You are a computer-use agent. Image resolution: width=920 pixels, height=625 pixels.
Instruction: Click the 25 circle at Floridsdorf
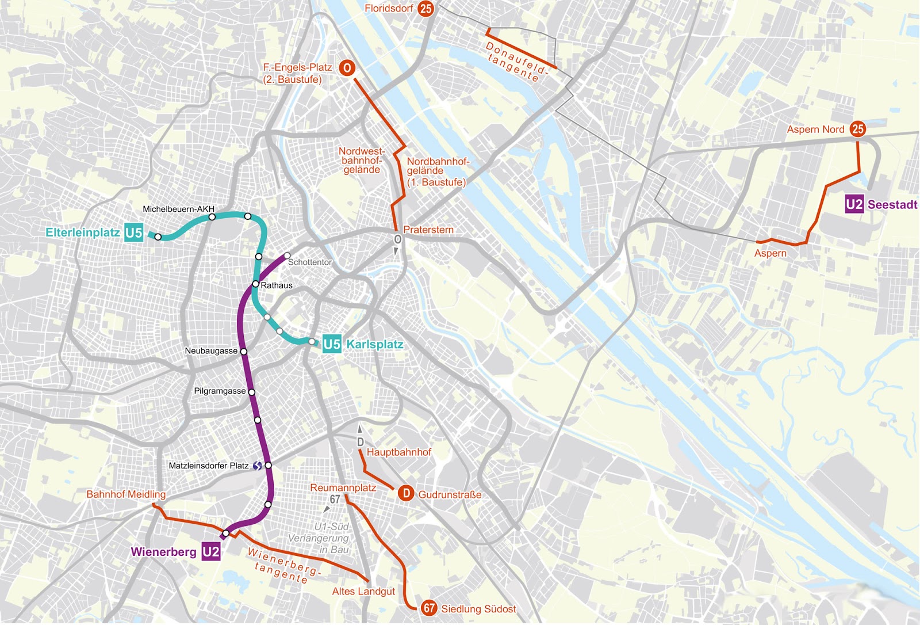tap(425, 9)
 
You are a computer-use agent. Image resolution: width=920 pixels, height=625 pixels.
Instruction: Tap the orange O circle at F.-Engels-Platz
tap(346, 68)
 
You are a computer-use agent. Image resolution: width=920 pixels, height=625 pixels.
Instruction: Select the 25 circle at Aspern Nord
tap(858, 129)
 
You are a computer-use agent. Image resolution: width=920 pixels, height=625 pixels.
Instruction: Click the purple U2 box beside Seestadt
tap(854, 204)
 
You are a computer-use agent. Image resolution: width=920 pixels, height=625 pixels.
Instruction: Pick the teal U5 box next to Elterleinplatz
tap(133, 233)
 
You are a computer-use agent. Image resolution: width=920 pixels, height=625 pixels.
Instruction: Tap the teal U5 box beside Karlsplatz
tap(332, 344)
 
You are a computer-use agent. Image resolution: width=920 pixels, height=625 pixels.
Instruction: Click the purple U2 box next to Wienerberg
tap(211, 552)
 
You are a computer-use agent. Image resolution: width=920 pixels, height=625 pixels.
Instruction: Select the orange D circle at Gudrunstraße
tap(406, 493)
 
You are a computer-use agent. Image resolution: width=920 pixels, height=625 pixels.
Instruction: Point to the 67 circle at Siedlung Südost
tap(429, 608)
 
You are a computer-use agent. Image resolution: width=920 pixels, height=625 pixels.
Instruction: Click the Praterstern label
tap(428, 230)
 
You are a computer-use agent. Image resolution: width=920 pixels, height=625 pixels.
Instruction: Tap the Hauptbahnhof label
tap(399, 452)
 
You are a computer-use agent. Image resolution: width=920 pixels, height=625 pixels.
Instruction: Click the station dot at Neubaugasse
tap(243, 351)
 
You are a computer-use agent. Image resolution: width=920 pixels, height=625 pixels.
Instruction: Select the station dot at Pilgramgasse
tap(251, 392)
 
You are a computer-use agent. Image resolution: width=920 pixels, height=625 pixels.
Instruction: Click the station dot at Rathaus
tap(256, 284)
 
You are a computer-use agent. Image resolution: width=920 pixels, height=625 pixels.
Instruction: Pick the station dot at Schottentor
tap(287, 256)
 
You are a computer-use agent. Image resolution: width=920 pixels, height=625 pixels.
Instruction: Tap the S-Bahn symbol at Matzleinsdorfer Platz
tap(258, 466)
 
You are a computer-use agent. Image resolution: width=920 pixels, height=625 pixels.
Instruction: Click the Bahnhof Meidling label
tap(126, 494)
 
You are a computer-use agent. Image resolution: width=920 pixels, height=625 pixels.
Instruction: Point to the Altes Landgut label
tap(363, 591)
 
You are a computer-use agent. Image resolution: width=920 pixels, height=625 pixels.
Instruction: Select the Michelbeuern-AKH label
tap(178, 209)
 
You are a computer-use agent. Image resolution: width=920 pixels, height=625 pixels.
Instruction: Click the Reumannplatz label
tap(343, 487)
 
